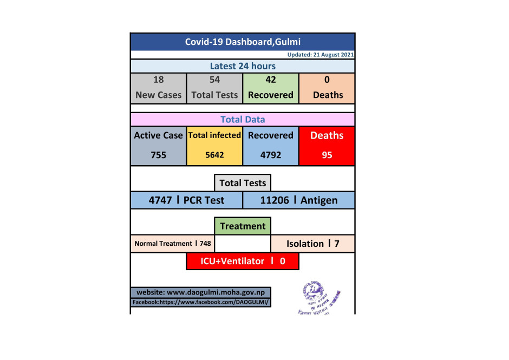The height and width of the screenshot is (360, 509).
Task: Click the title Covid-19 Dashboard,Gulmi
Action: [243, 42]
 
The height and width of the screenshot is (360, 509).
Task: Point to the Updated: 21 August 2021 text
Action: [321, 55]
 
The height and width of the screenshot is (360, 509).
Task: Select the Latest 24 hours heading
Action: [243, 66]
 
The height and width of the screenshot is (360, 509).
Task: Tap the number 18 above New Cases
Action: [158, 80]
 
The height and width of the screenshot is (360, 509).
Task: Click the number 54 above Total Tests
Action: [214, 80]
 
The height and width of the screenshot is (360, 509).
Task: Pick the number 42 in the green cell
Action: [271, 80]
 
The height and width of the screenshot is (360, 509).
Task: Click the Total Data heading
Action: [243, 119]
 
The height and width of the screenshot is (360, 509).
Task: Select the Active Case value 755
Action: [158, 155]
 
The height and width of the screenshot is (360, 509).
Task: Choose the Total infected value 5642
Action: [214, 155]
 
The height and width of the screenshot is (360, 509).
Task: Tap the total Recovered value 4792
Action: [271, 155]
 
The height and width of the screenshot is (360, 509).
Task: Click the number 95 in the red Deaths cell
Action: [327, 155]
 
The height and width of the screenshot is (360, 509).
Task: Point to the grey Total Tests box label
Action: [243, 183]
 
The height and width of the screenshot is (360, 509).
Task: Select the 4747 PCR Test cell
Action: [186, 200]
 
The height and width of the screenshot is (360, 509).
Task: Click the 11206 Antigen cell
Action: [299, 200]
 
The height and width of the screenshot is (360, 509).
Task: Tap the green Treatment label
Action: [243, 226]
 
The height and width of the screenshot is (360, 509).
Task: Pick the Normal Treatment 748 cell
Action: [172, 244]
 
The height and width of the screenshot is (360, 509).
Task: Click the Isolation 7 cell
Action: [313, 244]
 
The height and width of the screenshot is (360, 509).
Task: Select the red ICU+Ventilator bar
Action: [243, 261]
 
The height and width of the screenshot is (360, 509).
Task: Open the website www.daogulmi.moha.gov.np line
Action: [201, 292]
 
